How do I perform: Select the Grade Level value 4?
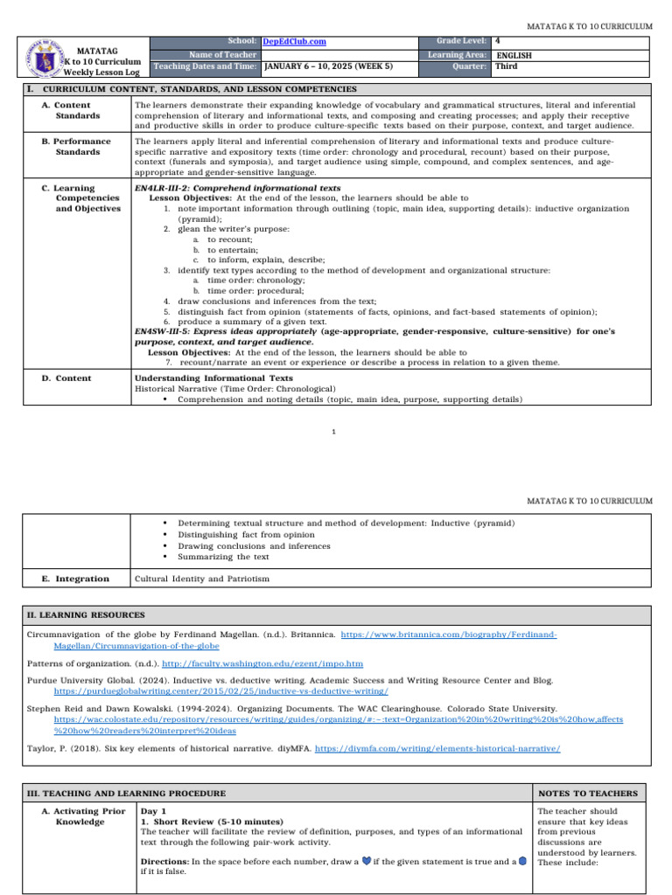[498, 41]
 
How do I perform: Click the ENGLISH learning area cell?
[514, 55]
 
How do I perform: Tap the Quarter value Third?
[507, 66]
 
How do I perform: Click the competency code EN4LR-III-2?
[178, 188]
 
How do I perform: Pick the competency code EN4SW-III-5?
[179, 332]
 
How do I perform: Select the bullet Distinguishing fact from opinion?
[246, 534]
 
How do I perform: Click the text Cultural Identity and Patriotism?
[202, 579]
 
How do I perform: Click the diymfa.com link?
[437, 749]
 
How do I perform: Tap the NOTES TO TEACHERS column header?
[588, 794]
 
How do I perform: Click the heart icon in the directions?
[366, 861]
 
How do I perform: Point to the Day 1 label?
[152, 812]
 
